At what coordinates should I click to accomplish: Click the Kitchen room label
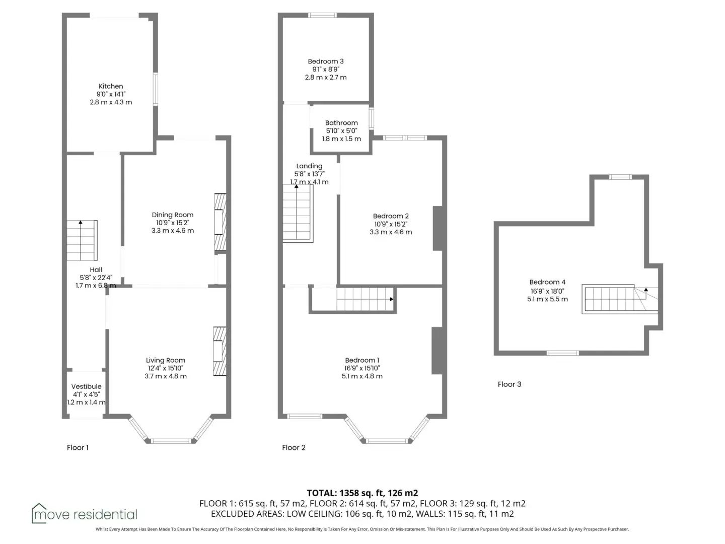coord(111,86)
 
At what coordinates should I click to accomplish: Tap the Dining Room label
coord(172,215)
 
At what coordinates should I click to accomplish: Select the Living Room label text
coord(166,360)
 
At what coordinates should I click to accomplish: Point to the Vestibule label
coord(86,386)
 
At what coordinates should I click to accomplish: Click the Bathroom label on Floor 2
coord(341,123)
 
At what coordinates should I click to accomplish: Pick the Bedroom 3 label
coord(326,61)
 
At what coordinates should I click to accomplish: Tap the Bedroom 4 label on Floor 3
coord(547,282)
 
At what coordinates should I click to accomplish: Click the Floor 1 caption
coord(78,448)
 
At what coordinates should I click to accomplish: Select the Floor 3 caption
coord(510,384)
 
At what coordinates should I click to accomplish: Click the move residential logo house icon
coord(39,513)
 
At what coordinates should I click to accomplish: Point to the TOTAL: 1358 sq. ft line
coord(362,493)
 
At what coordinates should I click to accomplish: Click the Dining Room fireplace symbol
coord(221,222)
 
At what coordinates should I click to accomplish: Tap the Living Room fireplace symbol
coord(220,351)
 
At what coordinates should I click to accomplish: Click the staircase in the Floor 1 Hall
coord(82,240)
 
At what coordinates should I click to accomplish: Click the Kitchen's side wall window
coord(155,89)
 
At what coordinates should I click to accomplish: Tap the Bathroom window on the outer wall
coord(371,118)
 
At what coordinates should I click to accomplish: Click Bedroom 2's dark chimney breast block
coord(438,228)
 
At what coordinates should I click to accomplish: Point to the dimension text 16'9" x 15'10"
coord(362,368)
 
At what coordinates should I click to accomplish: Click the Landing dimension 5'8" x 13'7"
coord(310,174)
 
